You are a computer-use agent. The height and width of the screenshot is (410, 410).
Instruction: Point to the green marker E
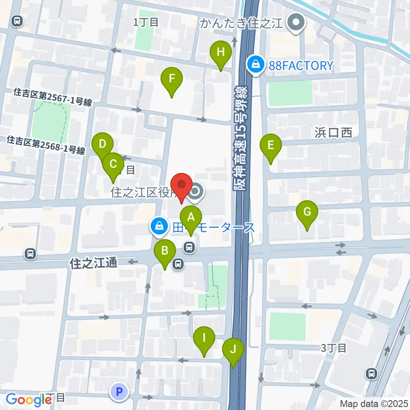[x=271, y=146]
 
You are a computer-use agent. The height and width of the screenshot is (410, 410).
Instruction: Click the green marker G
[x=307, y=212]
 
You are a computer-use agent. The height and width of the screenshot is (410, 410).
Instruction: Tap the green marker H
[x=220, y=53]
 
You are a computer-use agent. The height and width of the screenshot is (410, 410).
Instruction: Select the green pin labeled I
[x=204, y=339]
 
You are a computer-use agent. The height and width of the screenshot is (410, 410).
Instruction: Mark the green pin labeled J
[x=233, y=350]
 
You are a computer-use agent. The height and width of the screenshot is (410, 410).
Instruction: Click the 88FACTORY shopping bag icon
[x=256, y=65]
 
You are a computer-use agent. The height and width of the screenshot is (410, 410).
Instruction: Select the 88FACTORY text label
[x=301, y=65]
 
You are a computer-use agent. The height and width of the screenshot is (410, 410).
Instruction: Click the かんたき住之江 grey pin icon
[x=295, y=22]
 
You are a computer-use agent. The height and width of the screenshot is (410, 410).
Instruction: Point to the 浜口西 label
[x=334, y=133]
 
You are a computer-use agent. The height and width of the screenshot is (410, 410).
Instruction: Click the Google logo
[x=29, y=399]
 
